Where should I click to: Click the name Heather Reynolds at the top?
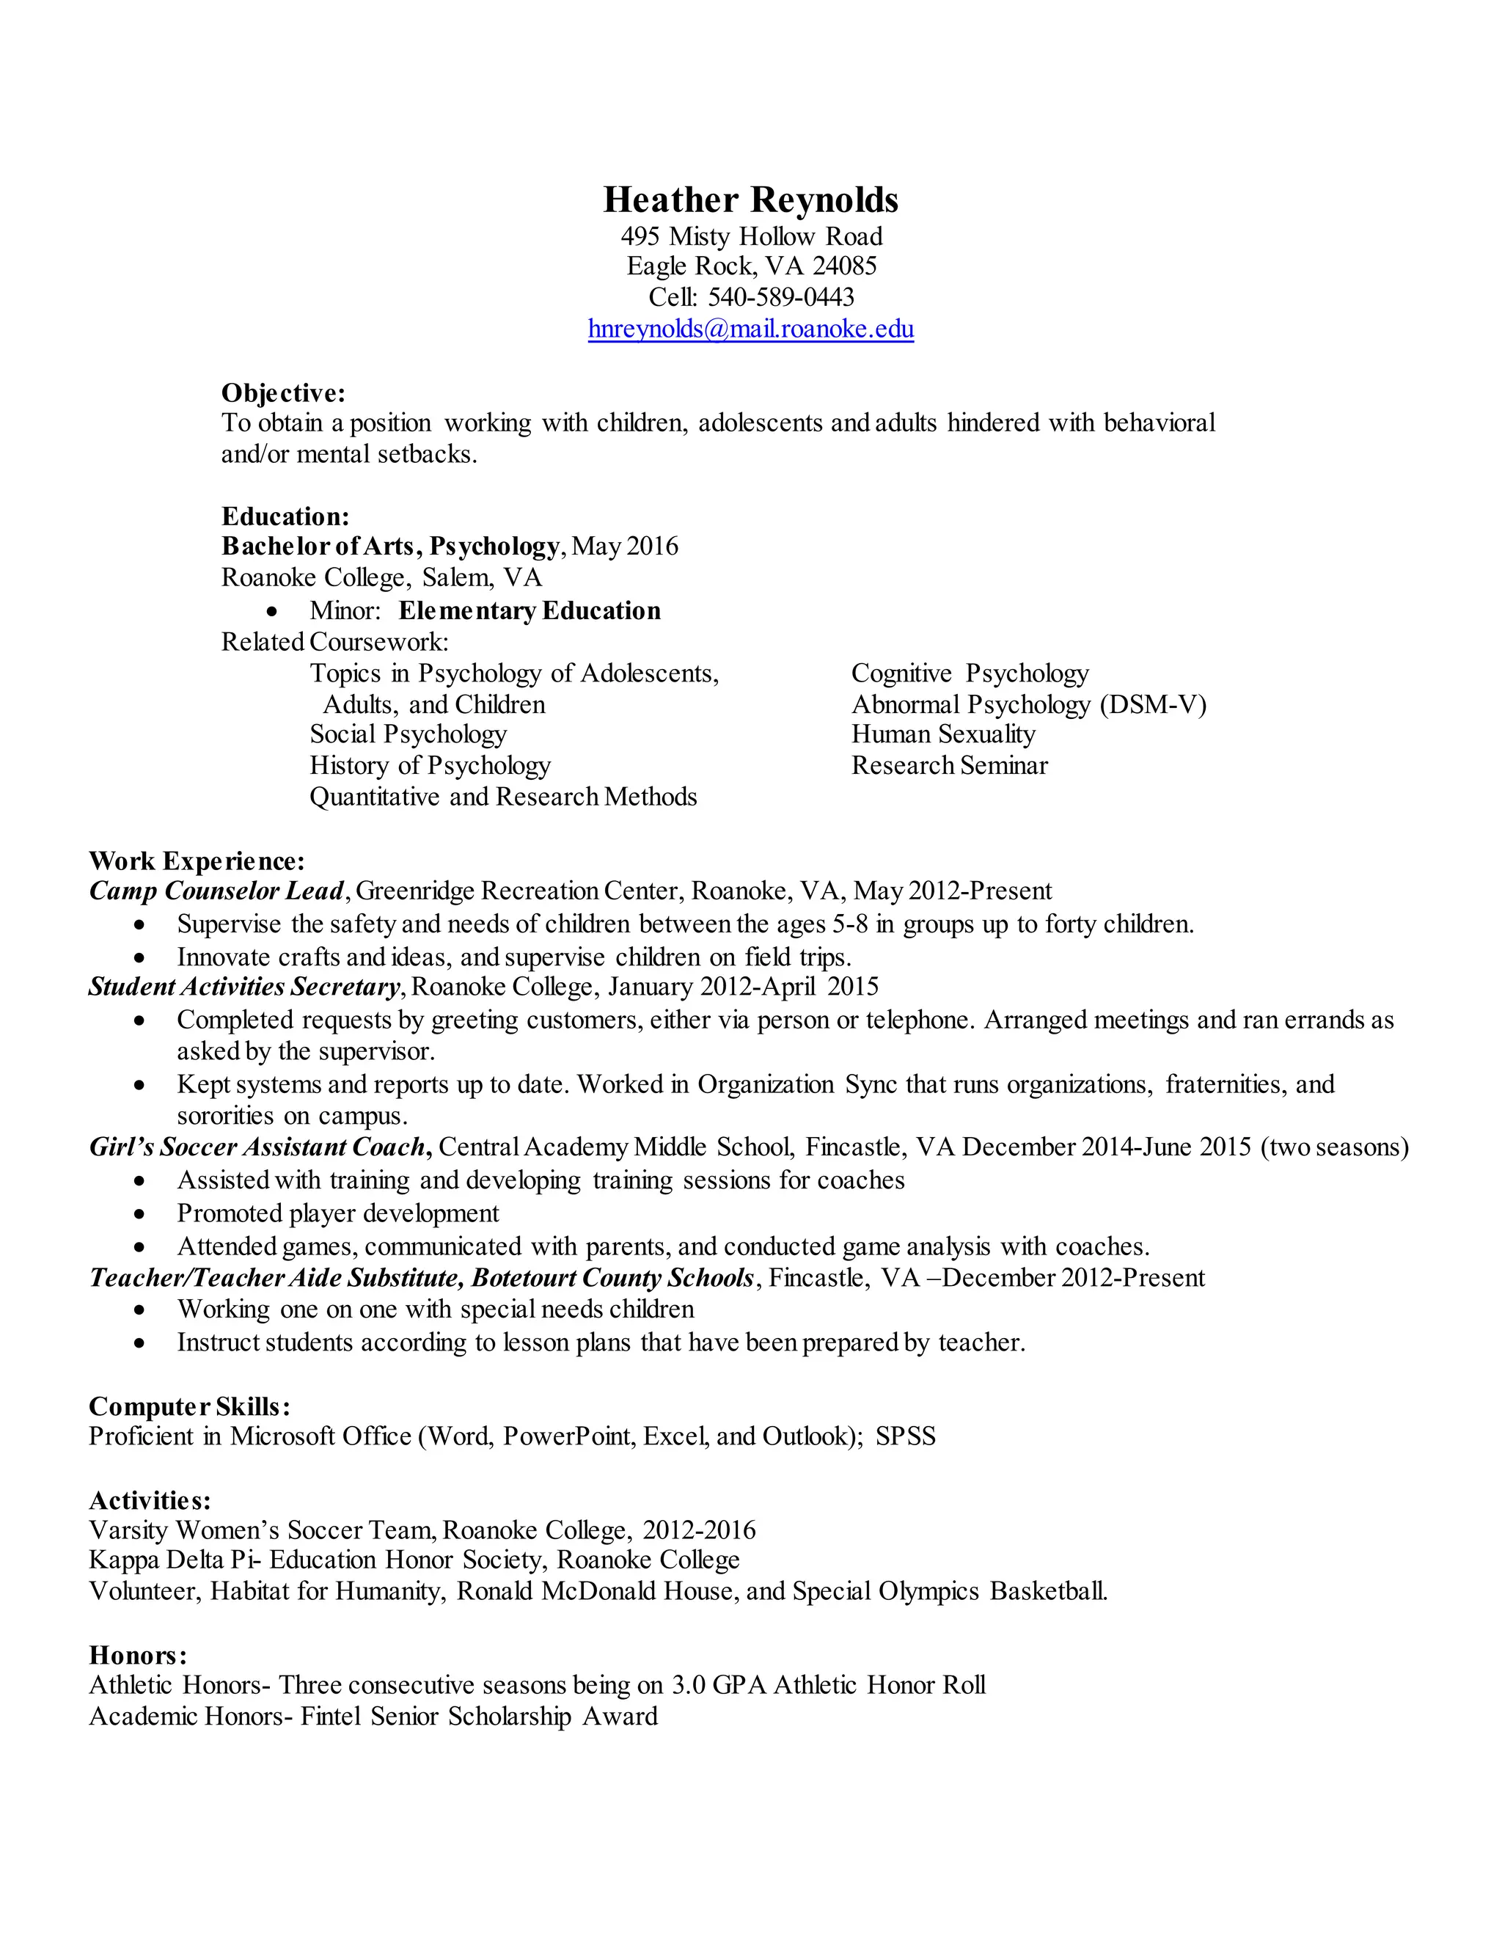click(x=750, y=200)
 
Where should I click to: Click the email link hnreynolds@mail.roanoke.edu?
click(x=750, y=329)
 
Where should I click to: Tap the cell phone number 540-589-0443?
click(x=780, y=296)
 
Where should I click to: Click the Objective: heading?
click(x=283, y=392)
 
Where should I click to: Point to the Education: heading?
click(x=285, y=516)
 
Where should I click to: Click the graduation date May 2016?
click(x=625, y=546)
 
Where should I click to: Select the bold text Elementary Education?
click(x=530, y=610)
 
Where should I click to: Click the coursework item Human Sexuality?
click(x=943, y=734)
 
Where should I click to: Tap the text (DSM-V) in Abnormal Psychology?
click(x=1153, y=705)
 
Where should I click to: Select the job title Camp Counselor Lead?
click(x=216, y=891)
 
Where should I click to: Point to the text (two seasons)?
click(x=1335, y=1147)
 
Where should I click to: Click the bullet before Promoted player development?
click(x=139, y=1214)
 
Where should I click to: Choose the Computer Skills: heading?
click(x=189, y=1406)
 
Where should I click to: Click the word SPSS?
click(x=905, y=1436)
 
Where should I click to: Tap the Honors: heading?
click(x=138, y=1655)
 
